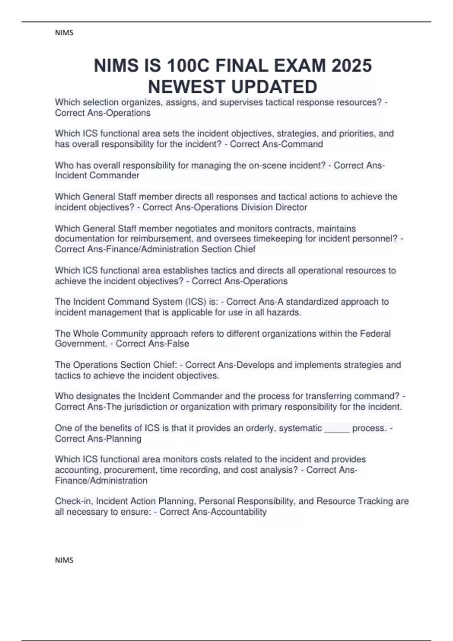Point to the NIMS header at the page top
[x=64, y=33]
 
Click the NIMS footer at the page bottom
[x=64, y=560]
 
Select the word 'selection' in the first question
[x=100, y=102]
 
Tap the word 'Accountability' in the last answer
[x=239, y=512]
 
